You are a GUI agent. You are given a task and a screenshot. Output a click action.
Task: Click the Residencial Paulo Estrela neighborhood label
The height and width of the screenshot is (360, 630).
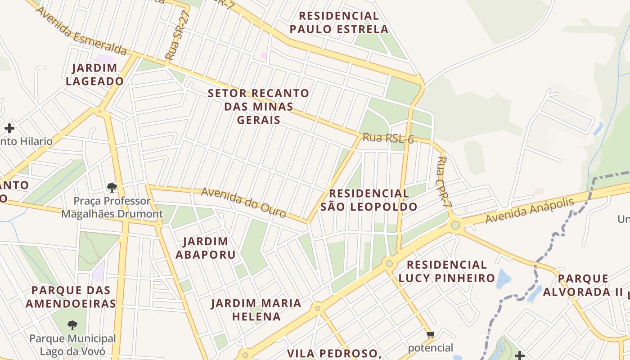(339, 22)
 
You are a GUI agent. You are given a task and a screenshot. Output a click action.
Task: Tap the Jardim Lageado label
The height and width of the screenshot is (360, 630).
(94, 75)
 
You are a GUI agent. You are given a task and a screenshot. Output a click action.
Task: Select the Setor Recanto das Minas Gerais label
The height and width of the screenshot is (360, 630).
(259, 107)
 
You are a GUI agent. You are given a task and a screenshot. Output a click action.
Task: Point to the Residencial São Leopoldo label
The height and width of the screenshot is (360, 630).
(369, 200)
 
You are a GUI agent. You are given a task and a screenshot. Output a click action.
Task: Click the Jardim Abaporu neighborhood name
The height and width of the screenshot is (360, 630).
(205, 248)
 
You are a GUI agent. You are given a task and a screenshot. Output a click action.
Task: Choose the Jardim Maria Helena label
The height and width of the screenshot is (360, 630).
(256, 310)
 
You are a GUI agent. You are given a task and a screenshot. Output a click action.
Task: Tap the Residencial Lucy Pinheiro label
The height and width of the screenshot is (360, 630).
(446, 271)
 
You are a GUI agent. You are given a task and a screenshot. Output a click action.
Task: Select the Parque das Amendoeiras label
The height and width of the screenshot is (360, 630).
(71, 297)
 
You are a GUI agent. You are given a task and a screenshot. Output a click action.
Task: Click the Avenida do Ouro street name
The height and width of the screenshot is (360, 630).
(243, 202)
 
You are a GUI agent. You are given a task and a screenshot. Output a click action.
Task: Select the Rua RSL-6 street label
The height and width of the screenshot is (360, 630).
(388, 138)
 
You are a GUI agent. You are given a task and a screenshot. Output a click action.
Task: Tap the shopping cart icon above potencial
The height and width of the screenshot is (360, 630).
(430, 334)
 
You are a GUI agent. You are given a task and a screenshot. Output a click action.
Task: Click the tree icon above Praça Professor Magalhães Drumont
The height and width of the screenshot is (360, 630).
(112, 187)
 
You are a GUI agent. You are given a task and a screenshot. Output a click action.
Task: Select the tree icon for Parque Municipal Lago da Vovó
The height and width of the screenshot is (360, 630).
(72, 325)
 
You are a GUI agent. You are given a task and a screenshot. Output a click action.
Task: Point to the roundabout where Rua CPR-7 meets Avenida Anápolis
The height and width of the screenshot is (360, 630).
(455, 225)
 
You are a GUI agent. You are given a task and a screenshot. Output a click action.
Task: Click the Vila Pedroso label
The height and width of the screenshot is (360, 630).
(334, 353)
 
